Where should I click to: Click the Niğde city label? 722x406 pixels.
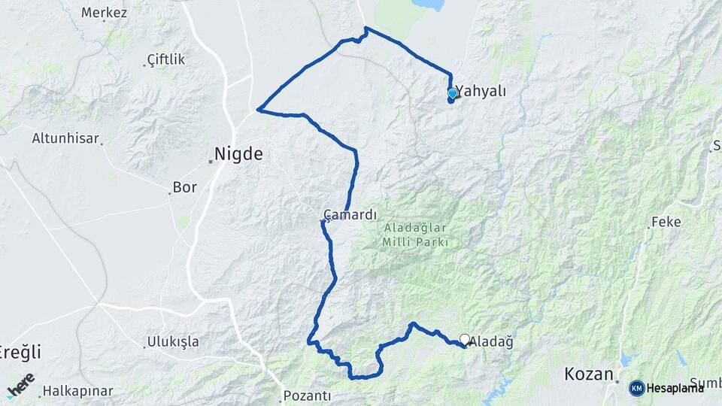(x=238, y=154)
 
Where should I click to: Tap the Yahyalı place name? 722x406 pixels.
(x=482, y=91)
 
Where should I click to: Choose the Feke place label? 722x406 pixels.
(x=666, y=222)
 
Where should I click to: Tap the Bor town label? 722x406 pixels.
(x=184, y=186)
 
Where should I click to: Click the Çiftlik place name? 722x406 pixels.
(x=165, y=59)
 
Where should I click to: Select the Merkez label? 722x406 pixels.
(x=104, y=13)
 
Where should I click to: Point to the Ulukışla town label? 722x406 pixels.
(x=173, y=342)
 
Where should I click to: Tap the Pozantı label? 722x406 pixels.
(x=308, y=395)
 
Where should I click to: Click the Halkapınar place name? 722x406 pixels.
(x=77, y=391)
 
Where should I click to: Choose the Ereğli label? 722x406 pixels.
(x=18, y=352)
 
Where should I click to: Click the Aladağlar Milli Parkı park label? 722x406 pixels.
(x=415, y=235)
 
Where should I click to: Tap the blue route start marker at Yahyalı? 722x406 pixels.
(x=452, y=93)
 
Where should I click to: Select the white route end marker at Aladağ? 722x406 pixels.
(x=465, y=339)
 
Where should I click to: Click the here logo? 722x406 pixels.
(x=20, y=385)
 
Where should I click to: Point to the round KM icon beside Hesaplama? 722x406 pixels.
(x=637, y=388)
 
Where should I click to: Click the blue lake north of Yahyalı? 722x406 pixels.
(x=429, y=5)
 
